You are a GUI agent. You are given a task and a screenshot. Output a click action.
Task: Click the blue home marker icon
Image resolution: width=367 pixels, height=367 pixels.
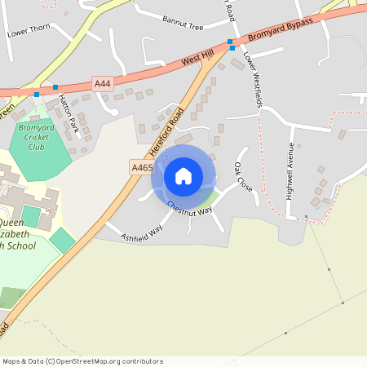tap(183, 175)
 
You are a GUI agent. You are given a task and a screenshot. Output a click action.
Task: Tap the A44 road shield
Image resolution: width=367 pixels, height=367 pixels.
tap(102, 83)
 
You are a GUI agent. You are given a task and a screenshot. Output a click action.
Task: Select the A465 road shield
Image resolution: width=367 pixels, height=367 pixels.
tap(141, 167)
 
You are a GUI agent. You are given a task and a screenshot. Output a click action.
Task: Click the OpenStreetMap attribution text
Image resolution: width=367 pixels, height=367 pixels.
tap(82, 360)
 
